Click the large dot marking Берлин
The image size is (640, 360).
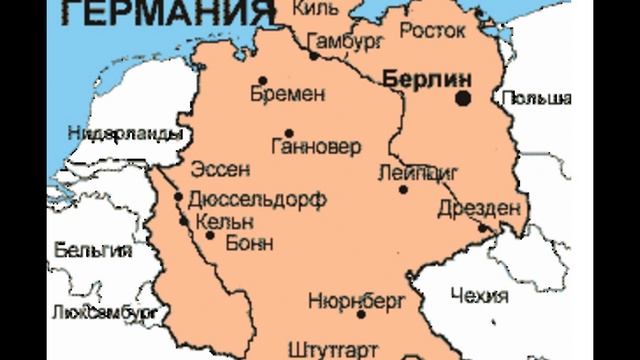(463, 98)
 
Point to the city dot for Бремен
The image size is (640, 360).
(263, 80)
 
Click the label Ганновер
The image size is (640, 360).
(315, 149)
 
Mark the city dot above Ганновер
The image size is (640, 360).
(289, 132)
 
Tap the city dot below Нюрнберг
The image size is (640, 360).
(362, 314)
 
